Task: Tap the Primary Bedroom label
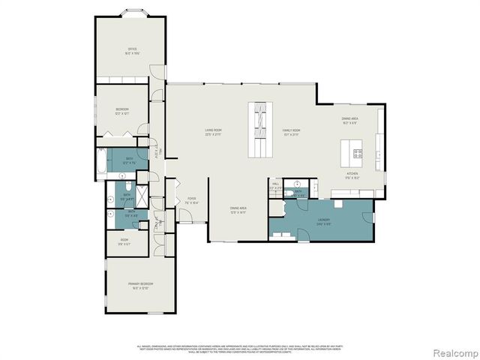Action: pyautogui.click(x=140, y=285)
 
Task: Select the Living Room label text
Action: pyautogui.click(x=218, y=131)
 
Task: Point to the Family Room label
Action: pyautogui.click(x=291, y=132)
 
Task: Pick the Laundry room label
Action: pyautogui.click(x=323, y=221)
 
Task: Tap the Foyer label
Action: pyautogui.click(x=193, y=201)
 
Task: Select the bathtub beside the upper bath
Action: pyautogui.click(x=101, y=162)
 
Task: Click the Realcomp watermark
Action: pyautogui.click(x=448, y=351)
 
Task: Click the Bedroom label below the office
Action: pyautogui.click(x=121, y=111)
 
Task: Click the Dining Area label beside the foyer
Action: pyautogui.click(x=238, y=209)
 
